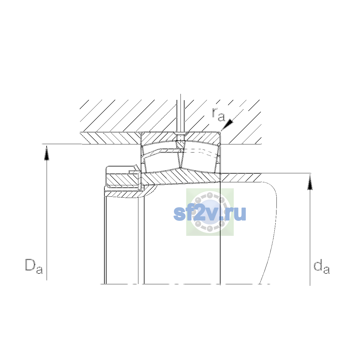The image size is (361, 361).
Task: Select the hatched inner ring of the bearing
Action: pos(181,177)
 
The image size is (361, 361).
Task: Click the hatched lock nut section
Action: pos(123,180)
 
